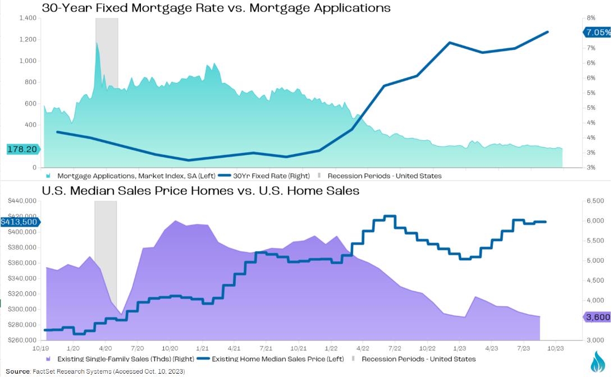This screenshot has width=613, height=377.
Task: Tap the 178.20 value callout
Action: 22,149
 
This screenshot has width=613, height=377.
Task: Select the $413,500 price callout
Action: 20,222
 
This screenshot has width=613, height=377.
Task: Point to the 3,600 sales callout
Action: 597,317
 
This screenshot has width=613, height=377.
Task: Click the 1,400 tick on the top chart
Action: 28,18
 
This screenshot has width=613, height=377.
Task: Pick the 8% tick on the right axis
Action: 591,18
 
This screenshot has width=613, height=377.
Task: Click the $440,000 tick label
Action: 24,201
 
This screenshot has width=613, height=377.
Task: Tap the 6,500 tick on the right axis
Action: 594,201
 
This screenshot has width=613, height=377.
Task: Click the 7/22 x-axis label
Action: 395,348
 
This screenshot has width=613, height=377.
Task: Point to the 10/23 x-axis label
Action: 556,348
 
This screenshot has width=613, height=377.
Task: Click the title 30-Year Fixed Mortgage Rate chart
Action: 216,8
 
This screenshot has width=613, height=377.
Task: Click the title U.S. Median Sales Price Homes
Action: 200,191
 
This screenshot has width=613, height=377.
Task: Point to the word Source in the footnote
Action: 17,371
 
